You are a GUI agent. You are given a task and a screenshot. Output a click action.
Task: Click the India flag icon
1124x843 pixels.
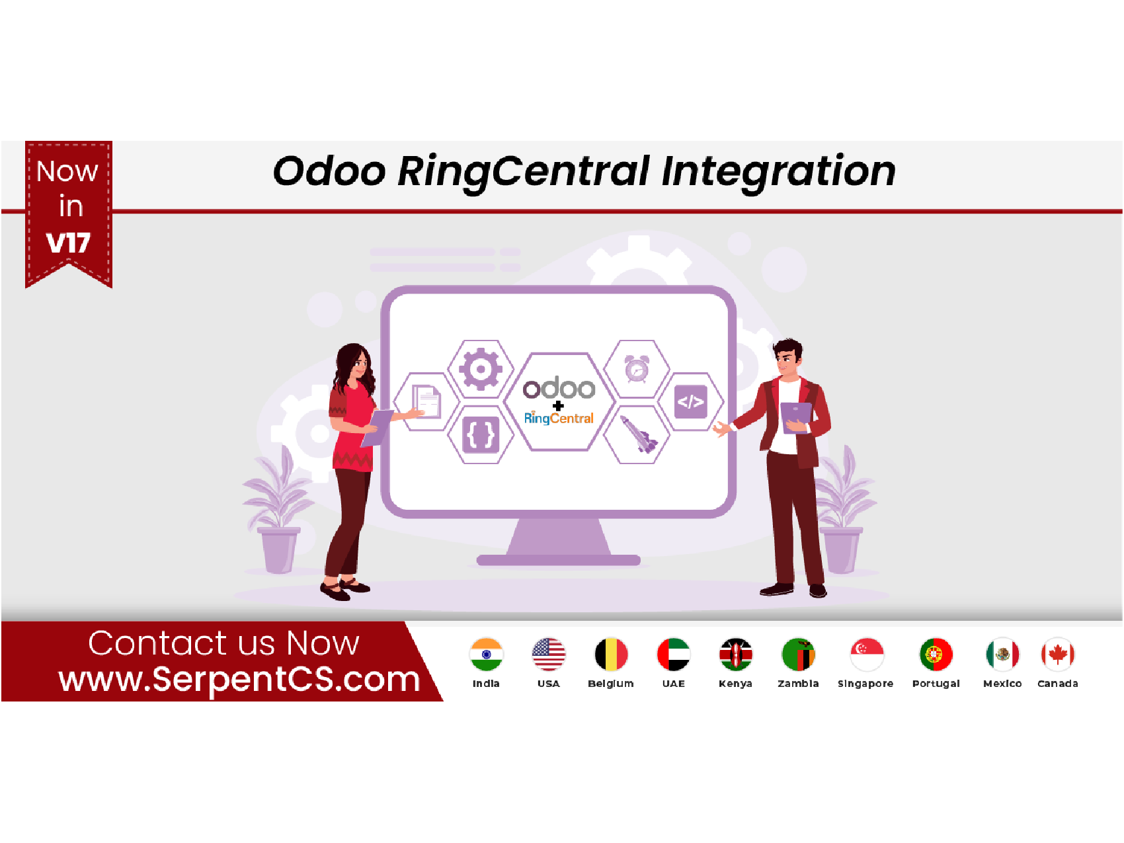click(x=486, y=655)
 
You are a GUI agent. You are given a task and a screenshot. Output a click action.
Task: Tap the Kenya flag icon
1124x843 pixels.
click(x=735, y=655)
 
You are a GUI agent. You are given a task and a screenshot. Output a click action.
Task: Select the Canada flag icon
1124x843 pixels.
click(x=1057, y=655)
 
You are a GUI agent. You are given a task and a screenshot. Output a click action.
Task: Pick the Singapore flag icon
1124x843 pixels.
click(x=866, y=655)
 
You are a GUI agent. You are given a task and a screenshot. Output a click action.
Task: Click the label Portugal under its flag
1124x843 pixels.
click(x=936, y=684)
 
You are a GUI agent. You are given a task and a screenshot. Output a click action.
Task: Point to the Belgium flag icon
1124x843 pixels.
click(x=611, y=655)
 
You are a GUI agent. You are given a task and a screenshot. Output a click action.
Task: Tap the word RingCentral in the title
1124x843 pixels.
click(x=524, y=171)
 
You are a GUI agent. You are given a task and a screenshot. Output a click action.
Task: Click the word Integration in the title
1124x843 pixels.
click(x=778, y=171)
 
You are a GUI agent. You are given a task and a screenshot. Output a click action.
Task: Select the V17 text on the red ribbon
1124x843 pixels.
click(x=68, y=243)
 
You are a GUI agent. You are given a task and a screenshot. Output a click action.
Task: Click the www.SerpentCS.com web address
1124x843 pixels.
click(x=239, y=679)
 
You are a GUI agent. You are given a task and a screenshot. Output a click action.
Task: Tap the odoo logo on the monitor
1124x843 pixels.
click(x=559, y=388)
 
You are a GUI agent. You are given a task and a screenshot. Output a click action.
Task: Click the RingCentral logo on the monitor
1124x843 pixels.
click(x=559, y=418)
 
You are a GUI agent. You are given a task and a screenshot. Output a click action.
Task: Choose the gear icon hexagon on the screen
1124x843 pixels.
click(x=481, y=369)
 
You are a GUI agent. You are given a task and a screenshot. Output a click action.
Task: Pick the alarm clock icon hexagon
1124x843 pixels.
click(x=637, y=369)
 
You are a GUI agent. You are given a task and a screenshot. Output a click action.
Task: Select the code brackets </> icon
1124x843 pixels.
click(x=690, y=401)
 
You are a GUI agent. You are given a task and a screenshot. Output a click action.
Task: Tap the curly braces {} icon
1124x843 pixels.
click(x=481, y=434)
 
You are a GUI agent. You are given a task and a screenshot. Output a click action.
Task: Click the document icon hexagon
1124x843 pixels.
click(x=427, y=401)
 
